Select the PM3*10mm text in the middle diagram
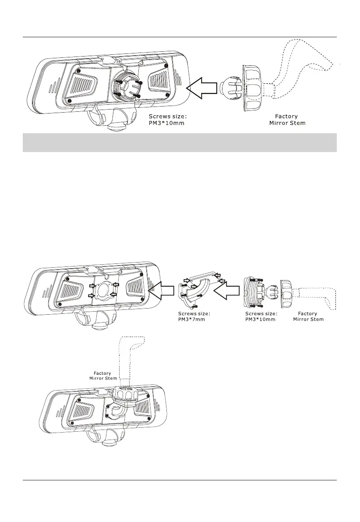pyautogui.click(x=260, y=319)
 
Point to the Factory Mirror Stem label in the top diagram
pyautogui.click(x=286, y=120)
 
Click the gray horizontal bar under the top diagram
pyautogui.click(x=180, y=143)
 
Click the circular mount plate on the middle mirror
pyautogui.click(x=103, y=291)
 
